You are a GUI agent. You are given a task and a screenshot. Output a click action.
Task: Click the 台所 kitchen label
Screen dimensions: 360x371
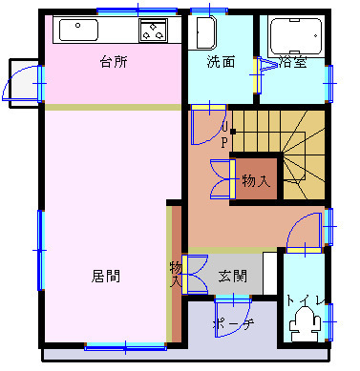(114, 61)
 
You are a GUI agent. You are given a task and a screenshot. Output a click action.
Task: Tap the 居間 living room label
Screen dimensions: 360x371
(106, 276)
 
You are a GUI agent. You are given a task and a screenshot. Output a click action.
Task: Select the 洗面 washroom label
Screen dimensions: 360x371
(221, 61)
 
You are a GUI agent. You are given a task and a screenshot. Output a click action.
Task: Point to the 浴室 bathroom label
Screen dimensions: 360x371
(293, 62)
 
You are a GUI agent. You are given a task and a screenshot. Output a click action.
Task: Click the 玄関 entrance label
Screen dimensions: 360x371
(233, 276)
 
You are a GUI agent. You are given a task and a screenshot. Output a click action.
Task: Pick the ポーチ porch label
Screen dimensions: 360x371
(233, 323)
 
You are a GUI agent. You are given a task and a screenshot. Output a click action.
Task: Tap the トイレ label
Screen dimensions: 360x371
(305, 299)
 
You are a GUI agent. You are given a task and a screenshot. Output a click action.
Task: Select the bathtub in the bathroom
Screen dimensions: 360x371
(296, 35)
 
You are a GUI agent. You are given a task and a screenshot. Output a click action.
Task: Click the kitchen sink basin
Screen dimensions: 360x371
(78, 31)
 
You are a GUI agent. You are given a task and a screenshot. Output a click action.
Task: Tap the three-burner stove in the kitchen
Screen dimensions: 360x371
(153, 31)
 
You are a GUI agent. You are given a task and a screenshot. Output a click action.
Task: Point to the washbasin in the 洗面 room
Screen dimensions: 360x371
(206, 32)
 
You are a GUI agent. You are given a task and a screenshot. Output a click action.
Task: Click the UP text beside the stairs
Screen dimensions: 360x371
(224, 136)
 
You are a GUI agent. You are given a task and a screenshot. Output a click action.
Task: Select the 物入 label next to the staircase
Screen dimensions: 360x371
(256, 181)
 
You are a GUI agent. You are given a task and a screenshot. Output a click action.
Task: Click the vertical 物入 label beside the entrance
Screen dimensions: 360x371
(176, 274)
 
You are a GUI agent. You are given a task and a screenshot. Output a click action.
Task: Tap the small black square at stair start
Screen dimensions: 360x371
(233, 132)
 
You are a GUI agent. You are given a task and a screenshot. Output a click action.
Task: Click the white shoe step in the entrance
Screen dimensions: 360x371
(269, 274)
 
